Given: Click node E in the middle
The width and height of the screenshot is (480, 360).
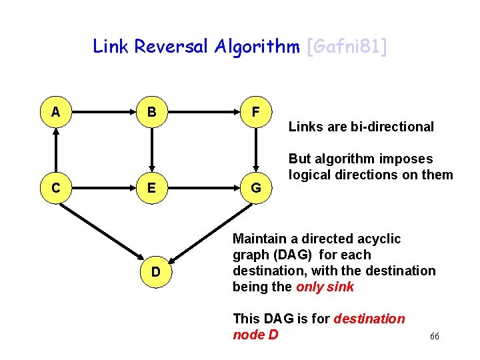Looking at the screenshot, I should (152, 188).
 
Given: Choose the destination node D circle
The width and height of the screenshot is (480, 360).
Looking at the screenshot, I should (155, 271).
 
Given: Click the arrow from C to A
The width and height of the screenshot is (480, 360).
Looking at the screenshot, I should (55, 150).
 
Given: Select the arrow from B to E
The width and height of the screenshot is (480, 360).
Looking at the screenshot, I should (152, 150).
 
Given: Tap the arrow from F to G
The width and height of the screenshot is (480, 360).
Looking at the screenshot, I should (256, 150).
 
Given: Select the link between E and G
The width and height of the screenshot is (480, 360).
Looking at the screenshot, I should (204, 188).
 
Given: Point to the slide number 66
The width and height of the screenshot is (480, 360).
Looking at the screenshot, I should (434, 337).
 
